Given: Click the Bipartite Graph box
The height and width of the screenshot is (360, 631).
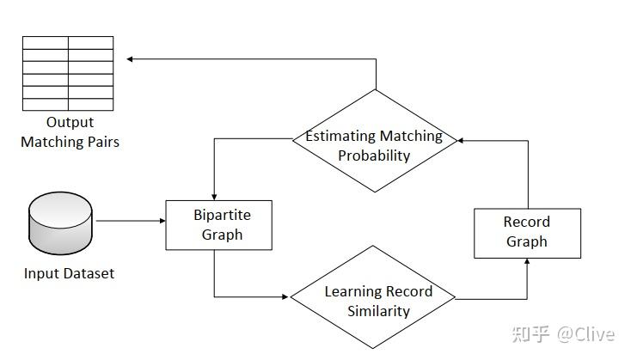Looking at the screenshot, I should [x=219, y=224].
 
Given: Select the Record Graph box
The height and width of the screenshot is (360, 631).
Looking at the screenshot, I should [x=527, y=232].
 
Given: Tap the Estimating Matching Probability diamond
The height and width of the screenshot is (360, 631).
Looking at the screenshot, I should [x=374, y=145].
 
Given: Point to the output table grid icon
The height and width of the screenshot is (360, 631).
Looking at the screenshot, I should [x=68, y=73].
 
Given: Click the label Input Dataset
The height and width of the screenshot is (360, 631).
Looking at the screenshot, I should [x=69, y=274].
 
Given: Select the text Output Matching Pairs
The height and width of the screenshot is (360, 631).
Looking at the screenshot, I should [x=70, y=132].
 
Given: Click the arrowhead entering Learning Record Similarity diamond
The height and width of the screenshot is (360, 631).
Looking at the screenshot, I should [x=285, y=297].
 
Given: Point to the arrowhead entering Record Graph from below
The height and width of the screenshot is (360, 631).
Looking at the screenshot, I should [x=527, y=262].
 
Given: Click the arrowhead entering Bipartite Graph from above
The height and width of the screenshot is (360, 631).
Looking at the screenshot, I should [x=213, y=197].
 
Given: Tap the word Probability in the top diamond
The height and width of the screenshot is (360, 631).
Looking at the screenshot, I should [x=374, y=156].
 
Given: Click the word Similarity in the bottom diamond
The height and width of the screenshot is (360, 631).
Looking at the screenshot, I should [x=378, y=311].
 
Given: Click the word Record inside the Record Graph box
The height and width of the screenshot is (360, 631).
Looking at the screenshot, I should [x=527, y=222].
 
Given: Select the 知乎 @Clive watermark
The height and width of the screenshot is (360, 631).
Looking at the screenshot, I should [x=564, y=333].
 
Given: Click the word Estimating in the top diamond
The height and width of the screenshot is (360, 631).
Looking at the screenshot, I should [x=340, y=136].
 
